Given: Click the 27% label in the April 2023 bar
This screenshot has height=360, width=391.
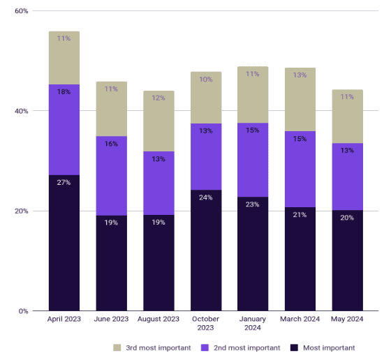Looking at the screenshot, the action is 64,182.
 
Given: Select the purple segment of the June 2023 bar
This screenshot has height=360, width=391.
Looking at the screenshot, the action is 112,176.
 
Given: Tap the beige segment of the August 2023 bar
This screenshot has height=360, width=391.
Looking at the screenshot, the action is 158,121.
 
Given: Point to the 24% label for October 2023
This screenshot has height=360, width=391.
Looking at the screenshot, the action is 206,197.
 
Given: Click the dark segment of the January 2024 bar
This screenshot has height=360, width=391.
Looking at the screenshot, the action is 253,254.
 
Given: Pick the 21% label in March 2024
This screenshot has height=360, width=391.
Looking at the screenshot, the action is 300,215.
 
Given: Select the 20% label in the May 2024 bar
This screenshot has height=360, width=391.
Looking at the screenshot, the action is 347,218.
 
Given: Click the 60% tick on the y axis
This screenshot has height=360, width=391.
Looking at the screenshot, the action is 22,11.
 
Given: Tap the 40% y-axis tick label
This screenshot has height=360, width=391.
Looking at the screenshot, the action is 22,111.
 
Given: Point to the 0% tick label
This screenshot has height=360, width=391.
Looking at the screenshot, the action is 23,311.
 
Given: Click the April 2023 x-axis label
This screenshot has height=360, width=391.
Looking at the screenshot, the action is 64,319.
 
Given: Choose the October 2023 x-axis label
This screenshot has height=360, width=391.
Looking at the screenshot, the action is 206,323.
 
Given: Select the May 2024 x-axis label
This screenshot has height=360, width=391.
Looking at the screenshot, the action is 347,319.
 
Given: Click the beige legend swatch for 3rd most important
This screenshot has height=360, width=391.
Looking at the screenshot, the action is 117,347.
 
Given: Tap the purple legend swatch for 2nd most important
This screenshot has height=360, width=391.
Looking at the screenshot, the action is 205,347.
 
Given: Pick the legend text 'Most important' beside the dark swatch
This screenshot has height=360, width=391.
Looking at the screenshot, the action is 329,348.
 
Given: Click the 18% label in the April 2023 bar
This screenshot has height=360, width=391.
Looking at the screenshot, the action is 64,92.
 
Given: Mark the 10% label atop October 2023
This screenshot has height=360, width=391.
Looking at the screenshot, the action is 206,80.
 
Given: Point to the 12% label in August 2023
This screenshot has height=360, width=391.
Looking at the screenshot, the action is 158,98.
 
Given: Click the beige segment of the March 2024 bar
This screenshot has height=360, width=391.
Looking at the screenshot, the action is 300,99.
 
